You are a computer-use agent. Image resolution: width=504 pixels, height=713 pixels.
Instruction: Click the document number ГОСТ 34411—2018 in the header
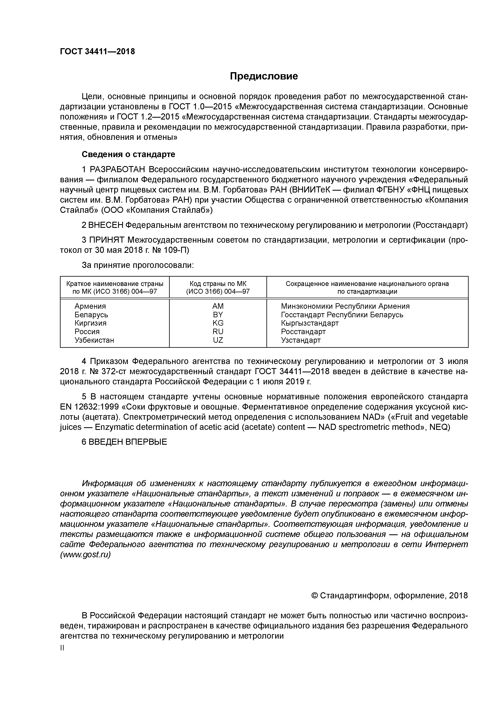97,52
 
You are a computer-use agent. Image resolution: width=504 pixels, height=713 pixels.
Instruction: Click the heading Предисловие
264,76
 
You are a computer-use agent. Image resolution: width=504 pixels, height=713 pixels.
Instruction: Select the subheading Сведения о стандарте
128,154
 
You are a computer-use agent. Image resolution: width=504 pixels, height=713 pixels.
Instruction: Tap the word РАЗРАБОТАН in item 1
118,170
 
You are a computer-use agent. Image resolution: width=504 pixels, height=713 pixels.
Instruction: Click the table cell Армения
90,306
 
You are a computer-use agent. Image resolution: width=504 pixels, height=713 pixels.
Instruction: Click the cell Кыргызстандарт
310,323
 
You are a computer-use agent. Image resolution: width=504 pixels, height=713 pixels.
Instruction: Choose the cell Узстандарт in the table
301,340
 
